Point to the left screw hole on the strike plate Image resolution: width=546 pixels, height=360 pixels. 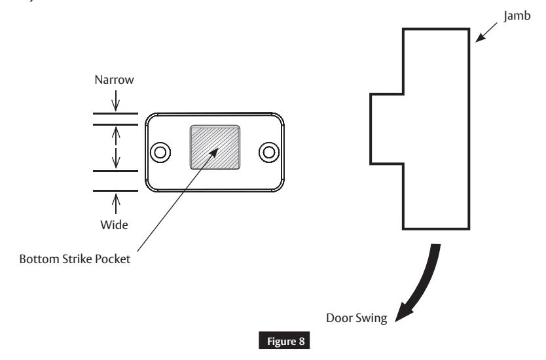(159, 153)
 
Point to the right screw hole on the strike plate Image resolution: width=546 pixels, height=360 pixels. (268, 153)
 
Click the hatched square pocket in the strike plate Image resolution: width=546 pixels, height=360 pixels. (214, 147)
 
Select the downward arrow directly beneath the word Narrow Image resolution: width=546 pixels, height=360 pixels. (116, 102)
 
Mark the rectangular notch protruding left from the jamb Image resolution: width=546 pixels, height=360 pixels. (387, 128)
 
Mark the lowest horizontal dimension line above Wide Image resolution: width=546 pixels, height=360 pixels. (115, 191)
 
